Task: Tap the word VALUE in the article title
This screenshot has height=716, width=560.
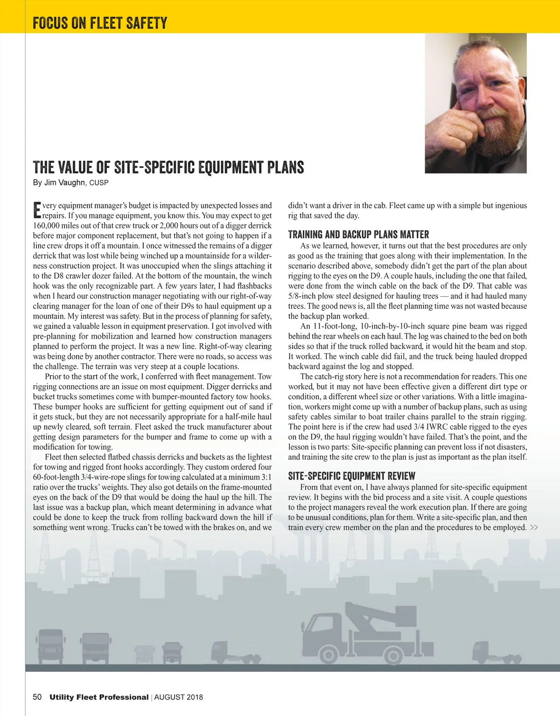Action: tap(76, 167)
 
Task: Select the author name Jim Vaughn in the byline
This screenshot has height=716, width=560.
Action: tap(64, 182)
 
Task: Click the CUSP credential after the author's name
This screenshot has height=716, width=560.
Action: tap(99, 183)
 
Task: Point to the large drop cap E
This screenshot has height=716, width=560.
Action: tap(37, 210)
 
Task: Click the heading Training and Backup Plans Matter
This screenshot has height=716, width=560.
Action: tap(358, 234)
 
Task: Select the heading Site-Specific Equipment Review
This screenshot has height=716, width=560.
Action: tap(351, 476)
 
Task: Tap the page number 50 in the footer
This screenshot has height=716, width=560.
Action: tap(37, 697)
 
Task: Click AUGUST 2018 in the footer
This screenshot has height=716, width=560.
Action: tap(179, 697)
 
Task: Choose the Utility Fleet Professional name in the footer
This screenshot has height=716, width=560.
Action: tap(99, 697)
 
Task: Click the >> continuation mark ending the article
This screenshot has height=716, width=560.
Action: tap(534, 528)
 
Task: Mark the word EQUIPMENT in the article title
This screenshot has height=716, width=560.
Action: tap(231, 167)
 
